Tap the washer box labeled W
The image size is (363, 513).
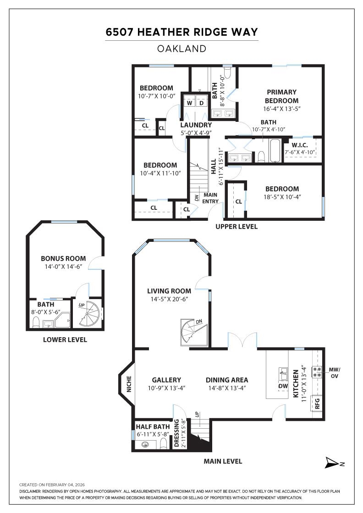(189, 103)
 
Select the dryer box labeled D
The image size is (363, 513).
(201, 103)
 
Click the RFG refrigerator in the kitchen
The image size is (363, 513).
(317, 403)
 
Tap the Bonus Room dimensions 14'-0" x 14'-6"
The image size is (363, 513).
(64, 267)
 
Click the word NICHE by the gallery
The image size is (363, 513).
(129, 384)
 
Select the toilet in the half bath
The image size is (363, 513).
(164, 444)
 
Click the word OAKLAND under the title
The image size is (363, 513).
(181, 49)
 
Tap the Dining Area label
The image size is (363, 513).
(227, 380)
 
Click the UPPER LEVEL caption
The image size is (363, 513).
(236, 226)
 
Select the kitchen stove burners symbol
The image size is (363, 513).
(317, 371)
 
